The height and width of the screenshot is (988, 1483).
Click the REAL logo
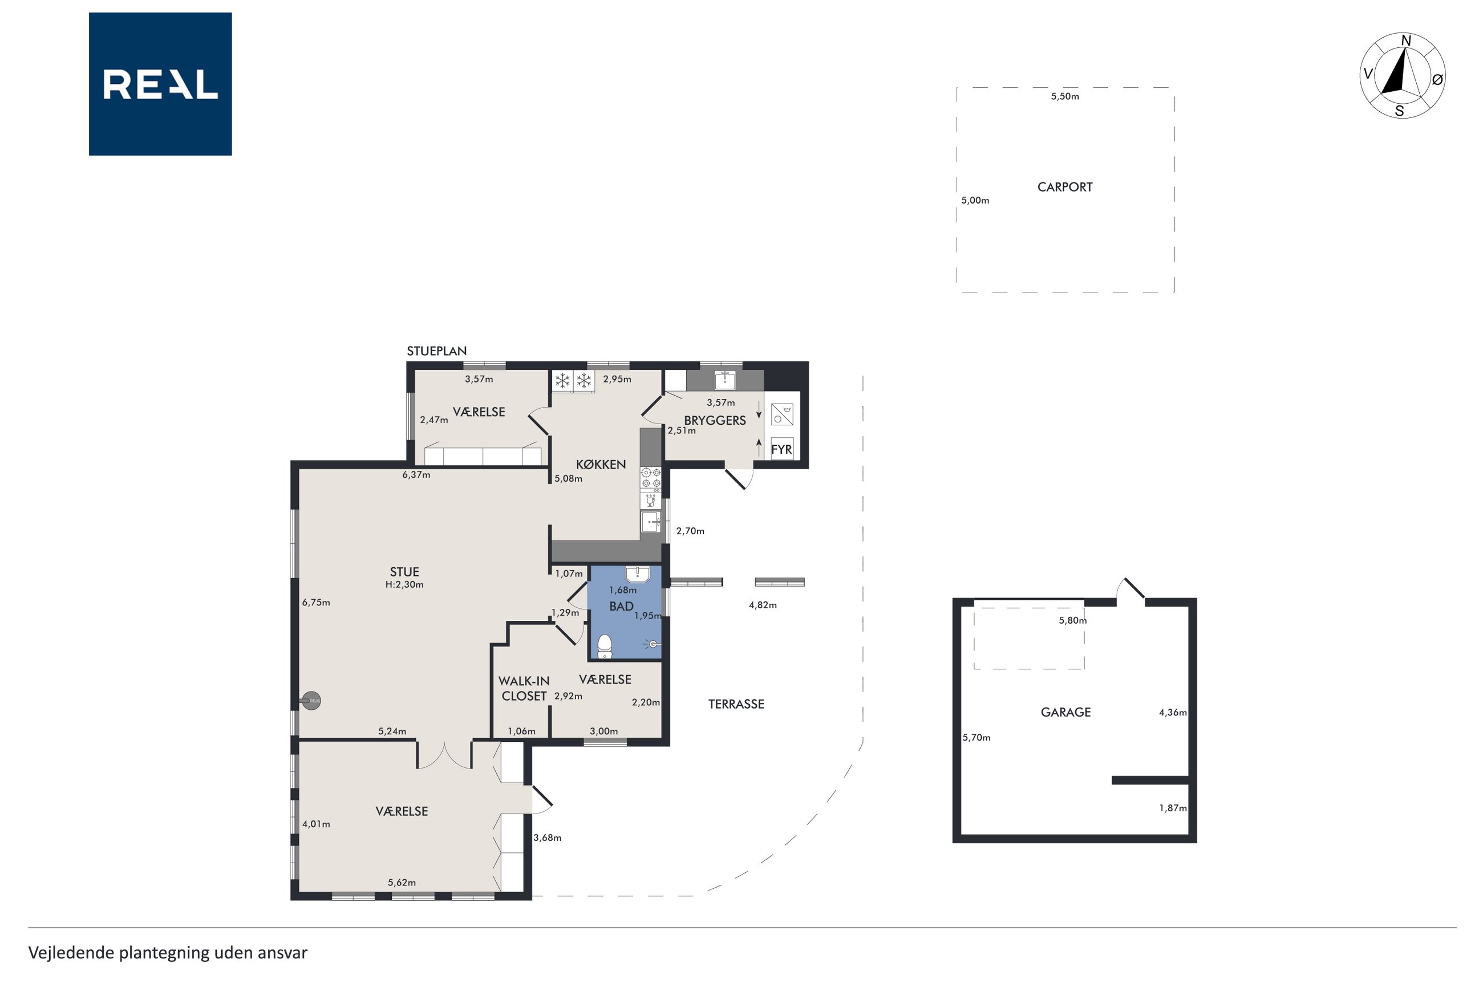point(160,84)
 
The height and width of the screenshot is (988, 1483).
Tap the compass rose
point(1403,76)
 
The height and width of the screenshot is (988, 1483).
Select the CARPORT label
point(1064,187)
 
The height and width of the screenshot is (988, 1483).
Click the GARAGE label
point(1065,712)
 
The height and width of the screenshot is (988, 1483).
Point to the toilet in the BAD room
point(605,647)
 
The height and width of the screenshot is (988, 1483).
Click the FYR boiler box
point(781,449)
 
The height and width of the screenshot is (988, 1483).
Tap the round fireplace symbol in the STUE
point(311,701)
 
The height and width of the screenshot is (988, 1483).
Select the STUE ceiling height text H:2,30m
point(404,585)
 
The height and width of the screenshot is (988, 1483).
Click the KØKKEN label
point(601,465)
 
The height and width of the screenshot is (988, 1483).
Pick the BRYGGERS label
point(715,420)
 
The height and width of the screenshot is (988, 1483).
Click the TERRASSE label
point(736,704)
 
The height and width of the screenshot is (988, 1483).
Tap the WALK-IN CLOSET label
point(524,688)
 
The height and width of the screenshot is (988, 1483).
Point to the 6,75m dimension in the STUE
point(316,603)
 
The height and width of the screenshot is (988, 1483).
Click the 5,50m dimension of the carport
point(1064,96)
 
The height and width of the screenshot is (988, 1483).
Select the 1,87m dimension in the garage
point(1173,808)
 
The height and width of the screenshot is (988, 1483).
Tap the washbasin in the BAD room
point(637,574)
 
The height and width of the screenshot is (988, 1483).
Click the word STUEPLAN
point(437,351)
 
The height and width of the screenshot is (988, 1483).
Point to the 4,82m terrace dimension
point(763,605)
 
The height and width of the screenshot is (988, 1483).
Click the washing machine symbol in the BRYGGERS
point(781,414)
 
